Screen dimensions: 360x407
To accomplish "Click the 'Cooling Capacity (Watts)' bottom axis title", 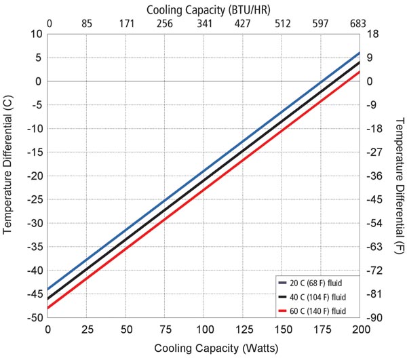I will pyautogui.click(x=204, y=348).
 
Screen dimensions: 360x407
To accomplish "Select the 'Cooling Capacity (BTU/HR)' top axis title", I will pyautogui.click(x=204, y=8).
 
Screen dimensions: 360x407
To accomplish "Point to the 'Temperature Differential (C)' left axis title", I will pyautogui.click(x=9, y=176).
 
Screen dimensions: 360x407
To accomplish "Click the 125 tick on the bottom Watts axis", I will pyautogui.click(x=243, y=329).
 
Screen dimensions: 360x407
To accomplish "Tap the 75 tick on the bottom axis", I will pyautogui.click(x=165, y=329).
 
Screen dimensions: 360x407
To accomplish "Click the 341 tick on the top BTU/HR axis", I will pyautogui.click(x=204, y=24).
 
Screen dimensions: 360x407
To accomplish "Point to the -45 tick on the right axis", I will pyautogui.click(x=374, y=199).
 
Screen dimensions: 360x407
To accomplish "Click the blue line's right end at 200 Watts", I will pyautogui.click(x=360, y=53).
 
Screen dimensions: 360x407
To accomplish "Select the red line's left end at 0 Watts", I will pyautogui.click(x=48, y=308).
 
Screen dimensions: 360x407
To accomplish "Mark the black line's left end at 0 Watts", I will pyautogui.click(x=48, y=298).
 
